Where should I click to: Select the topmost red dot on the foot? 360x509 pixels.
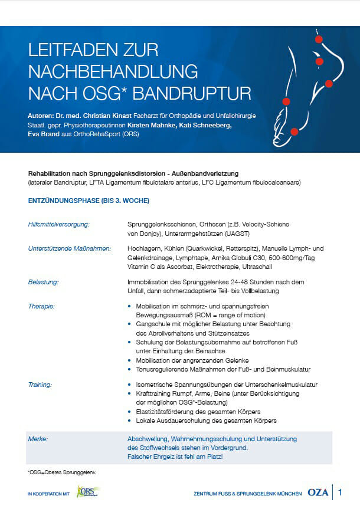pyautogui.click(x=319, y=40)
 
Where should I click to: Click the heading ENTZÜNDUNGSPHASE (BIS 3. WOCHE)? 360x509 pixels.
pyautogui.click(x=89, y=201)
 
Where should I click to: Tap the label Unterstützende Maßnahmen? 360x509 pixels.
pyautogui.click(x=70, y=249)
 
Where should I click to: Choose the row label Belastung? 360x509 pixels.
pyautogui.click(x=44, y=282)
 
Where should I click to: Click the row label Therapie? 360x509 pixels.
pyautogui.click(x=41, y=307)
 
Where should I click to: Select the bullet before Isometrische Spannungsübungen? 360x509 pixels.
pyautogui.click(x=130, y=385)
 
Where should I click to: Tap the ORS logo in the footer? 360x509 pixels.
pyautogui.click(x=88, y=492)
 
